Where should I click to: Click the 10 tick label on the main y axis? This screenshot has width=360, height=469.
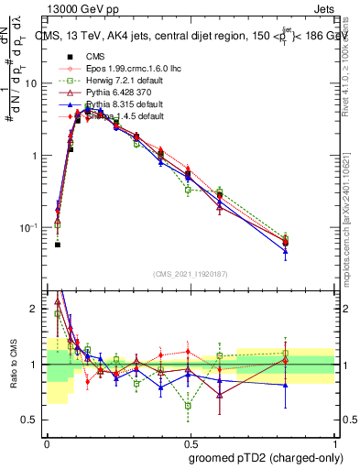click(x=33, y=83)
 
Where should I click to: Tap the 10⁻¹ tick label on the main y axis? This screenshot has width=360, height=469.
click(x=30, y=227)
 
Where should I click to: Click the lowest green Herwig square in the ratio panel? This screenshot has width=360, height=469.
click(x=188, y=405)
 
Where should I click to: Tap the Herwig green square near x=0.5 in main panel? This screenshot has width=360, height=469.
click(x=188, y=191)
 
